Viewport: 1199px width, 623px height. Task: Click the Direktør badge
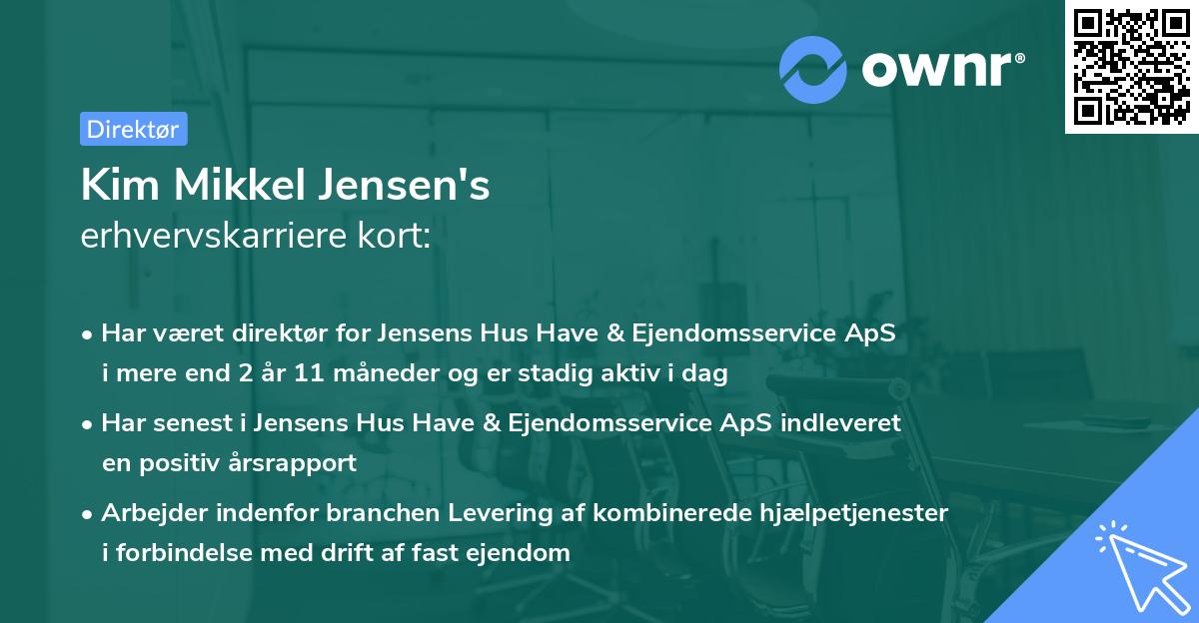tap(133, 129)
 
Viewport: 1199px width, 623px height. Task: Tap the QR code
tap(1131, 67)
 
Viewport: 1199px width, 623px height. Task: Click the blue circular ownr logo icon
tap(813, 69)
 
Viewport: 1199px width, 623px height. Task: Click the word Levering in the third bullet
tap(425, 513)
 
